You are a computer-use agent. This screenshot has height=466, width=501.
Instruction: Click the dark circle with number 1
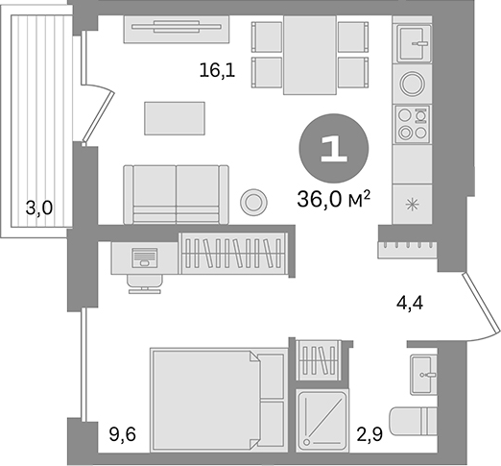pos(333,148)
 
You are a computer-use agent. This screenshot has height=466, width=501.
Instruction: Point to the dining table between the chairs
pos(310,57)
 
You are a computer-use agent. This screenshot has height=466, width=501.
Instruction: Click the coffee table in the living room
pos(174,119)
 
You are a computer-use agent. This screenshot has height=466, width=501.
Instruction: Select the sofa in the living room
pos(177,194)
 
